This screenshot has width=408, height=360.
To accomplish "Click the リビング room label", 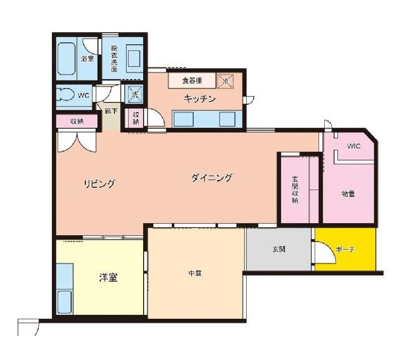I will click(100, 183).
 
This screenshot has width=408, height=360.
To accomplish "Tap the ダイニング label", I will click(212, 178).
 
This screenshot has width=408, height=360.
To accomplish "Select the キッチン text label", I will click(200, 99).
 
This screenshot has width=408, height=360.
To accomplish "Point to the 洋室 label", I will click(108, 278).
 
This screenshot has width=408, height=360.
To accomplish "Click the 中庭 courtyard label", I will click(195, 273).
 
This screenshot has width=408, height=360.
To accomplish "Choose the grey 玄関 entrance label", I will click(279, 250).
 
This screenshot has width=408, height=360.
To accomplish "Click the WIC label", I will click(354, 146).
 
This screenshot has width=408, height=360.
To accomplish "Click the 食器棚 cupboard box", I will click(191, 81).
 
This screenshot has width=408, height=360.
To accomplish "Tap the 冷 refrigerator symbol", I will click(226, 81).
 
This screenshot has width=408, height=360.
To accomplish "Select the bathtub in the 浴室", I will click(67, 59).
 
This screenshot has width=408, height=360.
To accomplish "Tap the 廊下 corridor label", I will click(111, 111).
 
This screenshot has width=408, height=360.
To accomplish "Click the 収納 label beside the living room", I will click(76, 121).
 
